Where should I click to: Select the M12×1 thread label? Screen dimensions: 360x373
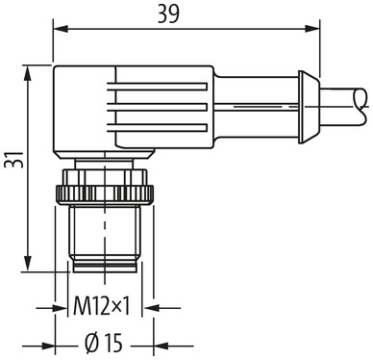point(104,309)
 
